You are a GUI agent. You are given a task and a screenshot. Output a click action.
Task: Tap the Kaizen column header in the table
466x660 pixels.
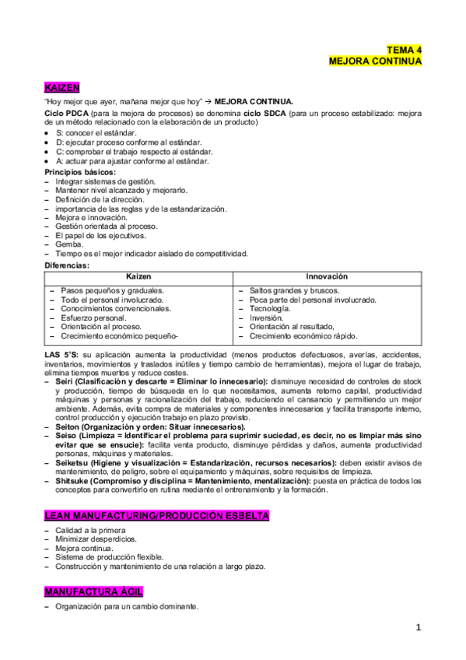click(x=138, y=277)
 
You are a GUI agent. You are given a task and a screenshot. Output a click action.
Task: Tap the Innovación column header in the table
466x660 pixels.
click(x=327, y=277)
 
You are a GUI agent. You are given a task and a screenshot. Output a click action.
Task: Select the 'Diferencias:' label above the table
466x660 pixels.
click(x=67, y=265)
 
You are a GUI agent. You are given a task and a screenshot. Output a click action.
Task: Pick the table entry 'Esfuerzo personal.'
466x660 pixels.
click(x=93, y=318)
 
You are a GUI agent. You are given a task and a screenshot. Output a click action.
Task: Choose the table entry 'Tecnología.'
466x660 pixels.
click(x=270, y=309)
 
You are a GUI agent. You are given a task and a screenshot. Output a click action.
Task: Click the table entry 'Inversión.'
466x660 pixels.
click(x=267, y=318)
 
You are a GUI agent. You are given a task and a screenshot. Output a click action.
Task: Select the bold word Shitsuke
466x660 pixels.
click(x=73, y=481)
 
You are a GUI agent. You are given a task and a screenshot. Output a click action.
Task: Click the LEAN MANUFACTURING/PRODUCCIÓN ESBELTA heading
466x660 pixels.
click(x=157, y=516)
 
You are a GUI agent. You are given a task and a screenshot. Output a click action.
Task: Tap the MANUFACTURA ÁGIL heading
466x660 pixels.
click(x=93, y=592)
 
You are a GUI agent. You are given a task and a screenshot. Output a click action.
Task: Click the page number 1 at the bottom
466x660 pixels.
click(x=419, y=627)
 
